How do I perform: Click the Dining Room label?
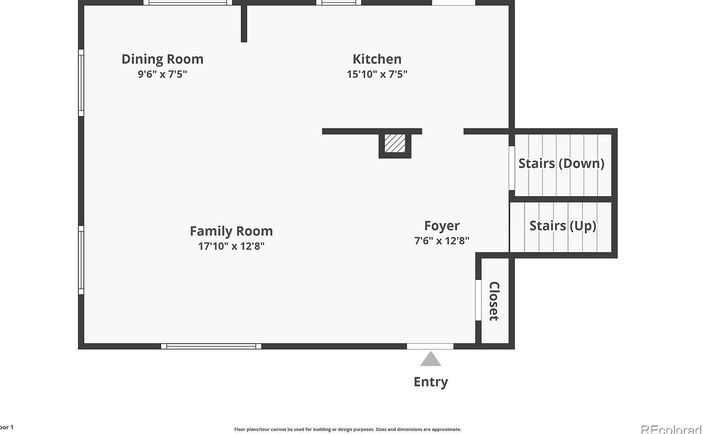[162, 59]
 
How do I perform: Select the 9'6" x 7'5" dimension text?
[162, 74]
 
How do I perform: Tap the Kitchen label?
[377, 59]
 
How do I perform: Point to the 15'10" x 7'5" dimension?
[377, 74]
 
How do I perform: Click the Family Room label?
[231, 231]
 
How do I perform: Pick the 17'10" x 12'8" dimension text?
[231, 246]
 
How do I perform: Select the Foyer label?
[442, 226]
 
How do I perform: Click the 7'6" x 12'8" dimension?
[442, 241]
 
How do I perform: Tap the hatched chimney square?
[395, 143]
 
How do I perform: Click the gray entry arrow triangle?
[431, 359]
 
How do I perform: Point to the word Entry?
[431, 382]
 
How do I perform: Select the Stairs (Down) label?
[561, 164]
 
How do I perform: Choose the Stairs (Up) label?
[562, 226]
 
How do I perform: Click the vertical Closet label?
[494, 301]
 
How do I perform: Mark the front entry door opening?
[430, 346]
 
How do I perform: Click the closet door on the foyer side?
[478, 300]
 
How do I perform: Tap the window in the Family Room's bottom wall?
[211, 346]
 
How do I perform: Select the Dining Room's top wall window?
[188, 3]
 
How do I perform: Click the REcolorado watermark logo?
[671, 429]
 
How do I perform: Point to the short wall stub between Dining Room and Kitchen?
[244, 23]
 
